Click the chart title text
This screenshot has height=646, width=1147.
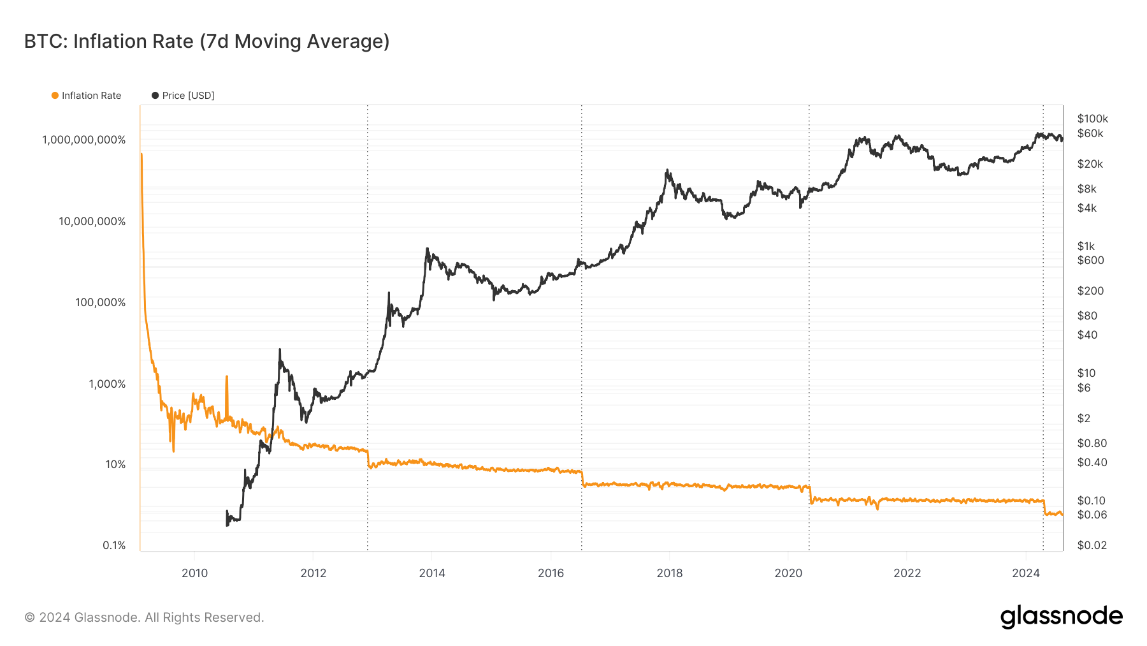(x=206, y=41)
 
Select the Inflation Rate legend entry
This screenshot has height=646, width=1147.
(x=86, y=96)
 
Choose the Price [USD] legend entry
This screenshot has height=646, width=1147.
(x=183, y=96)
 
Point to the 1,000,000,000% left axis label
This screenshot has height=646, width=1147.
(x=84, y=140)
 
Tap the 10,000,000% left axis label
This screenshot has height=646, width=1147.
(x=92, y=221)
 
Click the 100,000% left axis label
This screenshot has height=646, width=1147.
(x=101, y=302)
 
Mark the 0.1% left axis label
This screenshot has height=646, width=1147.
(x=114, y=545)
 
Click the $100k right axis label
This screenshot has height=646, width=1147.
(x=1092, y=119)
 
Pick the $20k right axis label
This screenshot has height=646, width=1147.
(x=1090, y=164)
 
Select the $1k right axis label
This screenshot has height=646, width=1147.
(x=1085, y=246)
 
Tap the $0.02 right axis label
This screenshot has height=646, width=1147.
(x=1092, y=545)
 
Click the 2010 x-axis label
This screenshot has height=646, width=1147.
(x=194, y=573)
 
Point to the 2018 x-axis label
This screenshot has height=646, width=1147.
(x=669, y=573)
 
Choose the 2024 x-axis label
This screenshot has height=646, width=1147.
(x=1025, y=573)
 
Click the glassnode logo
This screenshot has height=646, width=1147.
(x=1061, y=617)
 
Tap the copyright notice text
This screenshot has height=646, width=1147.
(x=144, y=617)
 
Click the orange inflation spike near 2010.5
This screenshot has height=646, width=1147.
(x=227, y=379)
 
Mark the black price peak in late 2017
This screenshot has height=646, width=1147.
(x=667, y=171)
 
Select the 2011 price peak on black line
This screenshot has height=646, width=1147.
(x=280, y=351)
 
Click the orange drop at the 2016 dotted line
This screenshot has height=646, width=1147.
(x=582, y=478)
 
